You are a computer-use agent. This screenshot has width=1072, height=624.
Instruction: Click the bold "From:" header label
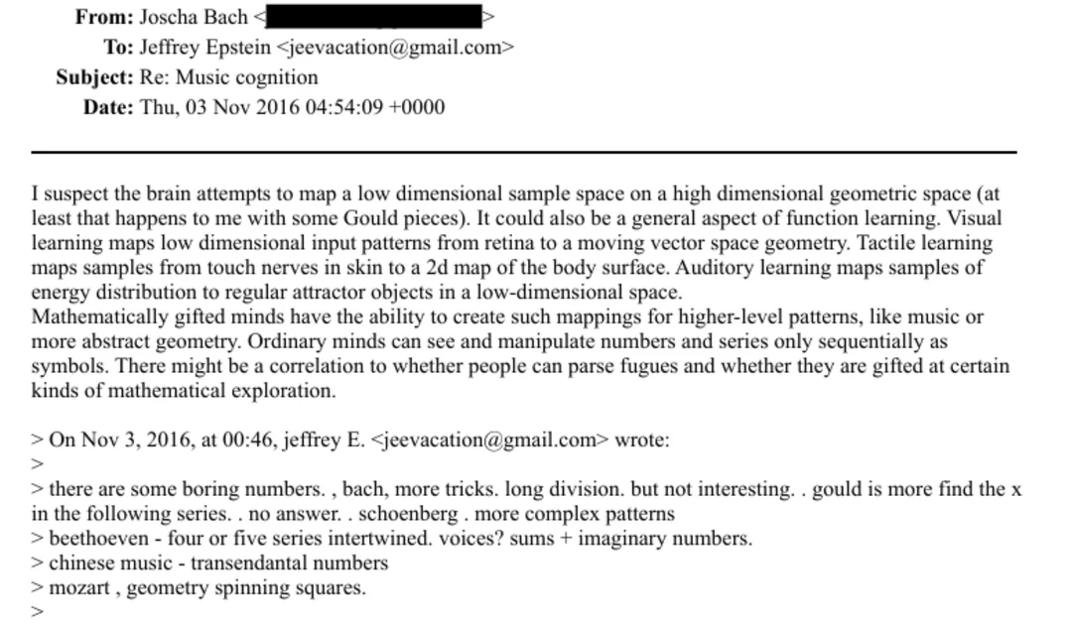(x=104, y=17)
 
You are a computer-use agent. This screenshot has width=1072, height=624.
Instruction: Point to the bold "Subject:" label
(x=94, y=77)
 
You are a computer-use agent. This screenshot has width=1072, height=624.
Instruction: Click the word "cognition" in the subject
(x=277, y=77)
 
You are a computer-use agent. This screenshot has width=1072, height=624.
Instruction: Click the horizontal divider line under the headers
(x=524, y=152)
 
